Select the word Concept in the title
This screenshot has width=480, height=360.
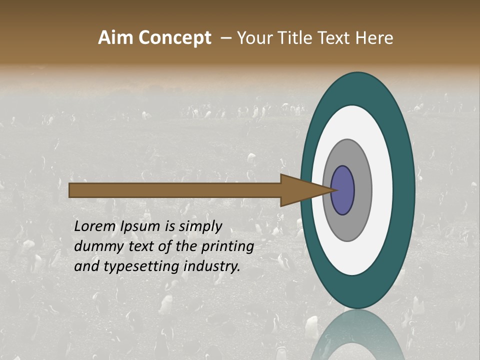point(174,38)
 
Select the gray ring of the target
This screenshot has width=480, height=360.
point(362,190)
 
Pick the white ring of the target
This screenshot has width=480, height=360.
point(382,190)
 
